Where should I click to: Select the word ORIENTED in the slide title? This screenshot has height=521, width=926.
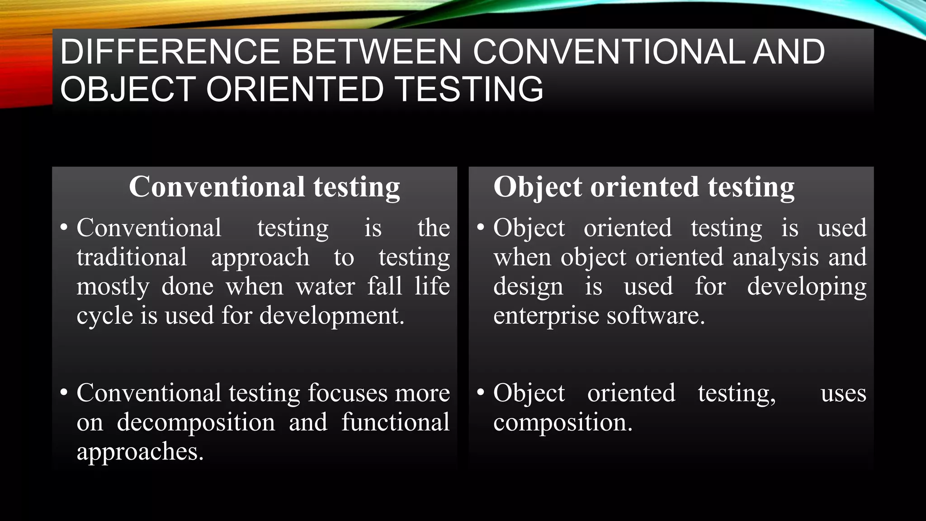295,89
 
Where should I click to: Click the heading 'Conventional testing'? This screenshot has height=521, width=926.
265,187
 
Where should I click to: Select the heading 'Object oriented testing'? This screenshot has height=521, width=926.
644,187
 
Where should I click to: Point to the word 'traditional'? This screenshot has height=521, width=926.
132,257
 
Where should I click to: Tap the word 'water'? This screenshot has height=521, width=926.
326,287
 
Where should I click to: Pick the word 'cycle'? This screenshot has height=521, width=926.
104,316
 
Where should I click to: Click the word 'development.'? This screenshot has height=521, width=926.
332,316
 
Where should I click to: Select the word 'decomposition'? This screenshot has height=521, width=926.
196,423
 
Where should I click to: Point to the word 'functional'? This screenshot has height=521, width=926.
395,422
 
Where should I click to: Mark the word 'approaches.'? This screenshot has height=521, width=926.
140,452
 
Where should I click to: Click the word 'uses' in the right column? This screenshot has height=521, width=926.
843,393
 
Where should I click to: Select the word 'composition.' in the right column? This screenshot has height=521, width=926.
562,423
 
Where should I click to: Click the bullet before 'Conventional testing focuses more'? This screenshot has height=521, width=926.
64,392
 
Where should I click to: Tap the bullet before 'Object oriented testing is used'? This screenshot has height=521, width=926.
481,227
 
